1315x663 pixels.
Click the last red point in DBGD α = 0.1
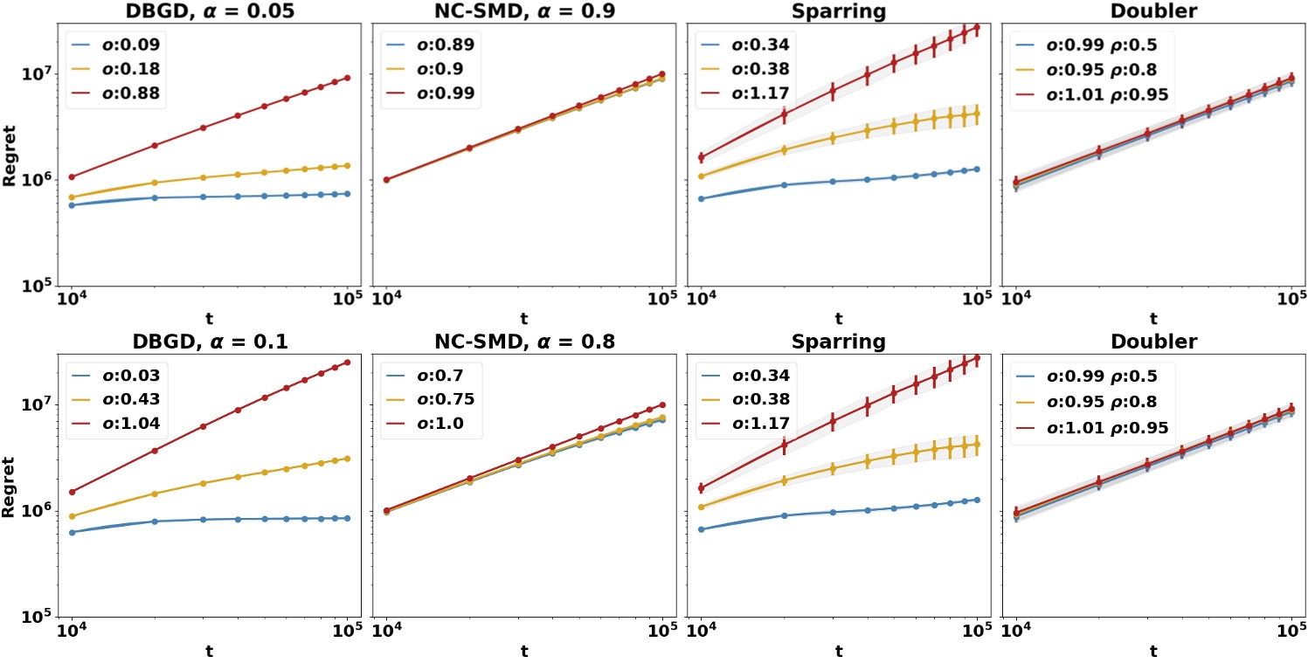pyautogui.click(x=348, y=363)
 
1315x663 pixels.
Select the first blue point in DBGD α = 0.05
pyautogui.click(x=71, y=205)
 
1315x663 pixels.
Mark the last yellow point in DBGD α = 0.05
pyautogui.click(x=348, y=165)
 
